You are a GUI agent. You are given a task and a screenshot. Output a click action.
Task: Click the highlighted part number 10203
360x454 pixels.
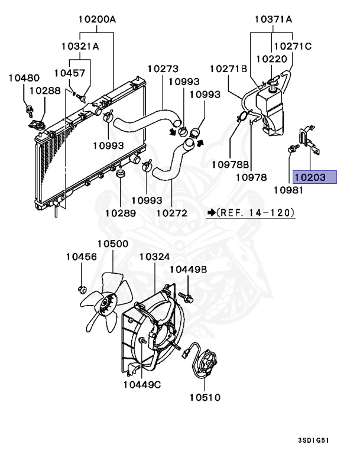point(314,177)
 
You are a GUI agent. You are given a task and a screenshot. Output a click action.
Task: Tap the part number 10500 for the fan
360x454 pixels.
point(113,244)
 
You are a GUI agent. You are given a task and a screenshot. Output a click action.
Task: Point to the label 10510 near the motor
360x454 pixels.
point(205,397)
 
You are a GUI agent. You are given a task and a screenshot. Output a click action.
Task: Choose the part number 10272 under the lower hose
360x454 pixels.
point(171,212)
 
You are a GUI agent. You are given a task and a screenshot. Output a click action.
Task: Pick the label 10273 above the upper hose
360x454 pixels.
point(163,69)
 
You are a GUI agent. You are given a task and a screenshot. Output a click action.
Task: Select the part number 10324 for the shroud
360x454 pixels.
point(154,257)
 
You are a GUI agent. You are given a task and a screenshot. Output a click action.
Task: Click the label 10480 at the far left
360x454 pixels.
point(24,77)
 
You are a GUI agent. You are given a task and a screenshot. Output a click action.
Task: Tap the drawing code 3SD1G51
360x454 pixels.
point(313,441)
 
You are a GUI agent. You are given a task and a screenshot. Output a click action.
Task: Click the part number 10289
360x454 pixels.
point(121,212)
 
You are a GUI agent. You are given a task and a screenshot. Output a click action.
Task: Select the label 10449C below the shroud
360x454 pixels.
point(142,385)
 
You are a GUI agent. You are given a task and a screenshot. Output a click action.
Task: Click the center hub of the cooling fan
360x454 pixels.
point(107,305)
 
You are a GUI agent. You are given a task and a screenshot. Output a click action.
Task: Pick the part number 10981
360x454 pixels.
point(288,190)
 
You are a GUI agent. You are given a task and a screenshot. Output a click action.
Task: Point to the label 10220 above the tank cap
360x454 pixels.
point(271,59)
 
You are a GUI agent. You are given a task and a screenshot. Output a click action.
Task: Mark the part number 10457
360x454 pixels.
point(69,73)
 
